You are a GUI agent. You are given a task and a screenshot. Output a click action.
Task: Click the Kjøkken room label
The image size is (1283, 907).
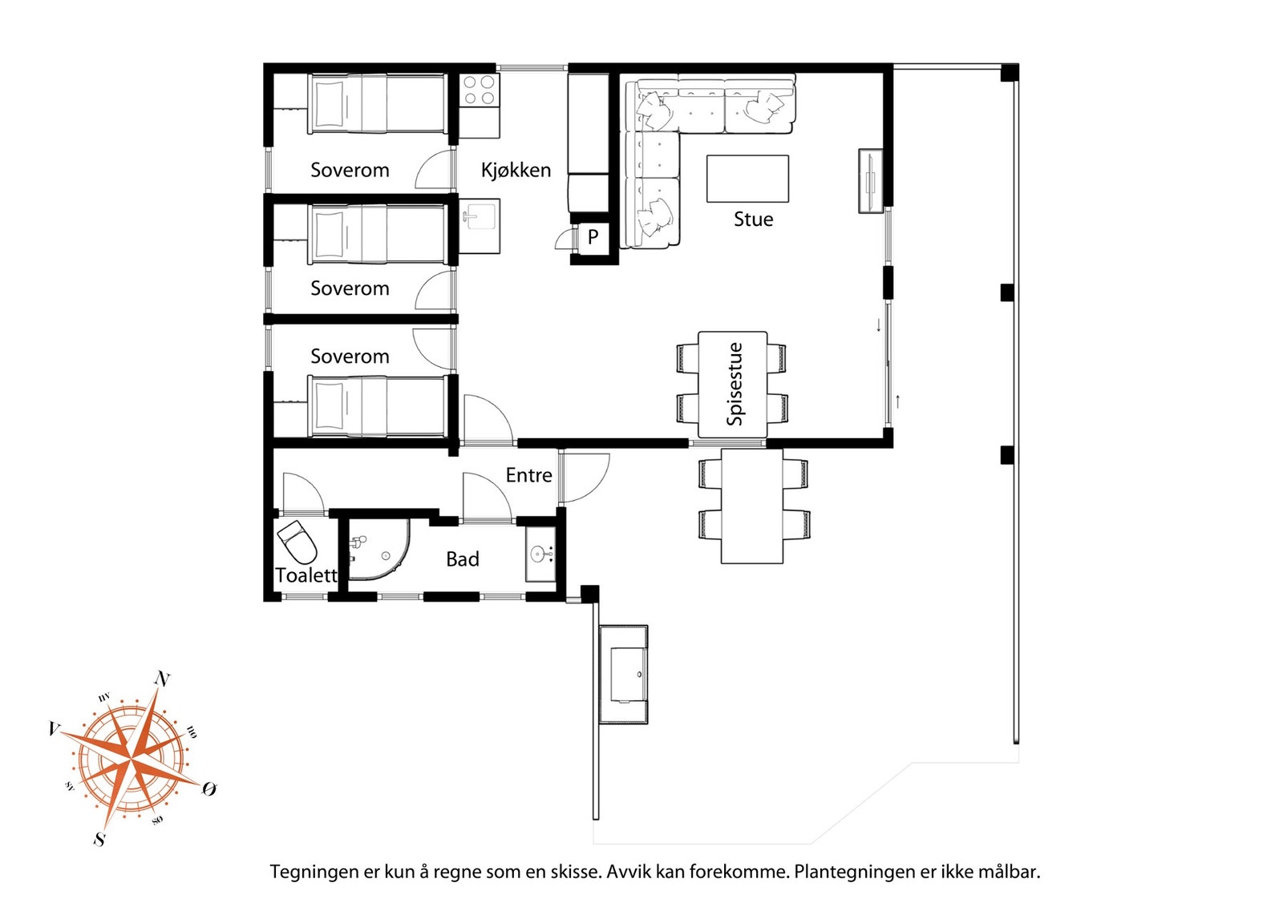point(516,170)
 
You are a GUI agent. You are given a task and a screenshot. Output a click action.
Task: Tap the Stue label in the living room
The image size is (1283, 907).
point(753,220)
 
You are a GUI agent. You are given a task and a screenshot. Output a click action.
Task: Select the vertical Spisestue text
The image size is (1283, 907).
point(734,384)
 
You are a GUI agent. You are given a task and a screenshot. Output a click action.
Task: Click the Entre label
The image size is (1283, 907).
point(528,475)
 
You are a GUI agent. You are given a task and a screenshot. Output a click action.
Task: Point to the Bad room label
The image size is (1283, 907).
point(462,559)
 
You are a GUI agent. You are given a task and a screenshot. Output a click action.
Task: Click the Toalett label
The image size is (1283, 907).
point(306,575)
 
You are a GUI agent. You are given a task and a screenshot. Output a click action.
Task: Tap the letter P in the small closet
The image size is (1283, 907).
point(593,236)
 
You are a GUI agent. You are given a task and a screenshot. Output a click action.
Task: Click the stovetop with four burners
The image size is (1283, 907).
point(480,91)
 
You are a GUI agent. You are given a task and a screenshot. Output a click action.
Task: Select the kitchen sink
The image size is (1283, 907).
point(480,216)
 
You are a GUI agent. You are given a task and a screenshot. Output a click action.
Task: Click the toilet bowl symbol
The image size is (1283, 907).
point(297,542)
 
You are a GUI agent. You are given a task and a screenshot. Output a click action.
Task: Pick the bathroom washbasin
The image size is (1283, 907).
point(540,554)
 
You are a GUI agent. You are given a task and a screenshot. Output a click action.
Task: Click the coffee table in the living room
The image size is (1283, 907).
point(747,179)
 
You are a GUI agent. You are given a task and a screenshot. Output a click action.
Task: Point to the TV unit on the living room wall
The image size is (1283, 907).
point(870,181)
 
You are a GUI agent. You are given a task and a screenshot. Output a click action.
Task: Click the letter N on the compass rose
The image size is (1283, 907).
point(162,679)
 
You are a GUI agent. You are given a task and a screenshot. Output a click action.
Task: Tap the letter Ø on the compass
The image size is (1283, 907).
point(209,789)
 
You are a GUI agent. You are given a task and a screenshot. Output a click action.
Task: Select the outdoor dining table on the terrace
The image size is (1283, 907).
point(752,506)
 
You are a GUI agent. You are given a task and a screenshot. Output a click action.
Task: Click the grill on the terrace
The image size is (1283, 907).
point(624,675)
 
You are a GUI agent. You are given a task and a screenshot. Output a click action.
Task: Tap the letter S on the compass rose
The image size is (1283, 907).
point(99,839)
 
